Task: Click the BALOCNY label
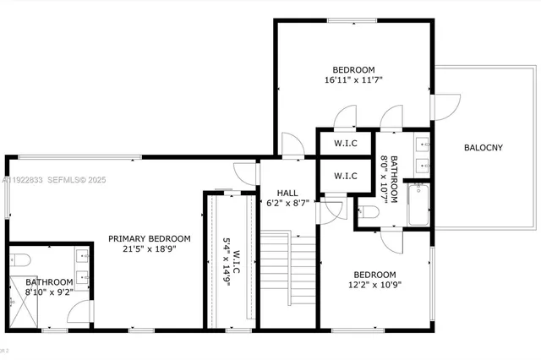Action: pos(483,148)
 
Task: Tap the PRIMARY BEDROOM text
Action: pos(150,238)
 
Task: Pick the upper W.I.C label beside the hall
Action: pos(345,144)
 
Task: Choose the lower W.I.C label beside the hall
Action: pos(345,176)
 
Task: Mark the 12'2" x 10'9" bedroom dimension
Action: pos(374,286)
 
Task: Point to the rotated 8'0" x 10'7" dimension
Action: pos(388,179)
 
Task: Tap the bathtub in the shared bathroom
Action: pos(418,205)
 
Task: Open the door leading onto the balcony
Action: pos(445,106)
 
